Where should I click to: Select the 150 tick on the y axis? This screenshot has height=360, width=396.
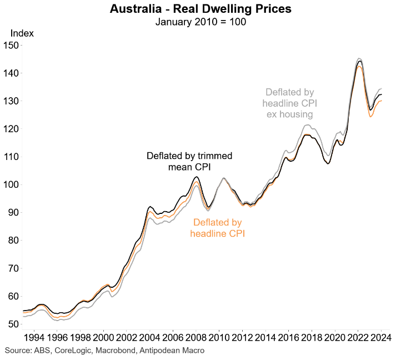click(x=11, y=46)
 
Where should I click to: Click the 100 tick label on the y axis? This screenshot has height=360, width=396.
click(x=11, y=184)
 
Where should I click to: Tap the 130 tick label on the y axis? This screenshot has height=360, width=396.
click(x=11, y=101)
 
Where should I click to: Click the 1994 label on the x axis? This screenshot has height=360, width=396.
click(x=34, y=337)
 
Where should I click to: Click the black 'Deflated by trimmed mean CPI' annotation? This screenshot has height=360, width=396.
click(x=189, y=161)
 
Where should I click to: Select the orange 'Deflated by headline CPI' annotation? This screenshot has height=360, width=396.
click(x=218, y=228)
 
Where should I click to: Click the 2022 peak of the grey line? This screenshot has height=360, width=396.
click(x=359, y=58)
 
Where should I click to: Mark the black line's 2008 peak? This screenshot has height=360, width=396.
click(x=197, y=177)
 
